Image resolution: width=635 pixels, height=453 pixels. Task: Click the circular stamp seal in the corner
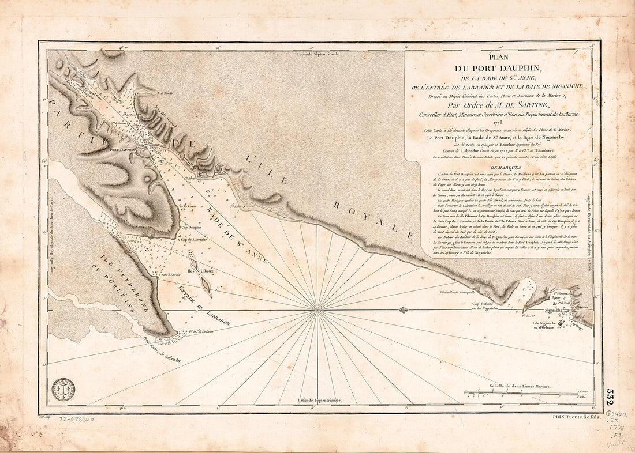tap(63, 390)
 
